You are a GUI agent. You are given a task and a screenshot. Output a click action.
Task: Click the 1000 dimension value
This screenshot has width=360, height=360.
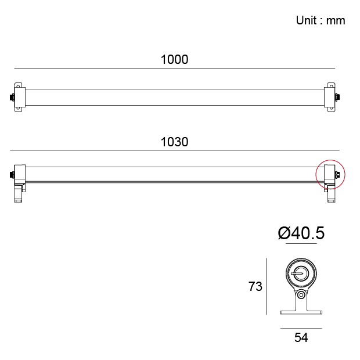click(175, 59)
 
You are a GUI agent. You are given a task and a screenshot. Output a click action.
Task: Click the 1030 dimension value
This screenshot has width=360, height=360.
click(175, 142)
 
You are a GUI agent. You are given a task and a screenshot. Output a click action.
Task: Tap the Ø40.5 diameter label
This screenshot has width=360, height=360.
click(301, 233)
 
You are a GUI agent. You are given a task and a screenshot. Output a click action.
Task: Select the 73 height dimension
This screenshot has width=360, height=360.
click(255, 286)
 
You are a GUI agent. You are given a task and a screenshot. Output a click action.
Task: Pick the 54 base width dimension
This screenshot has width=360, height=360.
click(301, 337)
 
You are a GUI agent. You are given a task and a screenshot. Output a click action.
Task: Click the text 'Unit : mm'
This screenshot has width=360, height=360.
click(321, 20)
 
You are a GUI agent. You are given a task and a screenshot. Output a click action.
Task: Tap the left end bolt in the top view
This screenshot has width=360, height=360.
click(12, 98)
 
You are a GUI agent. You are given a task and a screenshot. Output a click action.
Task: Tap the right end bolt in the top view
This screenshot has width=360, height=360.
click(337, 98)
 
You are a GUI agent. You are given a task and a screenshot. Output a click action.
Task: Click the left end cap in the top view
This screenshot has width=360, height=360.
click(20, 98)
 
